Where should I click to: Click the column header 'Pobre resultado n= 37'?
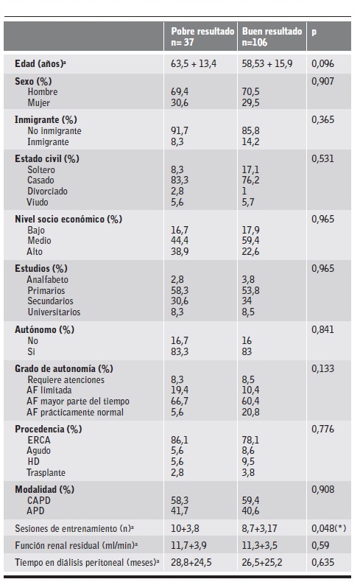(x=202, y=38)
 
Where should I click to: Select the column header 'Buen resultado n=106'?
(x=272, y=38)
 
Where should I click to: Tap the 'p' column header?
(x=314, y=32)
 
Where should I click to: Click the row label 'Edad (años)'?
(x=46, y=64)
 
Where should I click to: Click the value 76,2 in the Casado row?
(x=253, y=180)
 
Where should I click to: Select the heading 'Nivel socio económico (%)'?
(x=68, y=219)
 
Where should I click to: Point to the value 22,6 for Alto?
(x=253, y=251)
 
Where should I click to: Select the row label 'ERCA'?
(x=40, y=441)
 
